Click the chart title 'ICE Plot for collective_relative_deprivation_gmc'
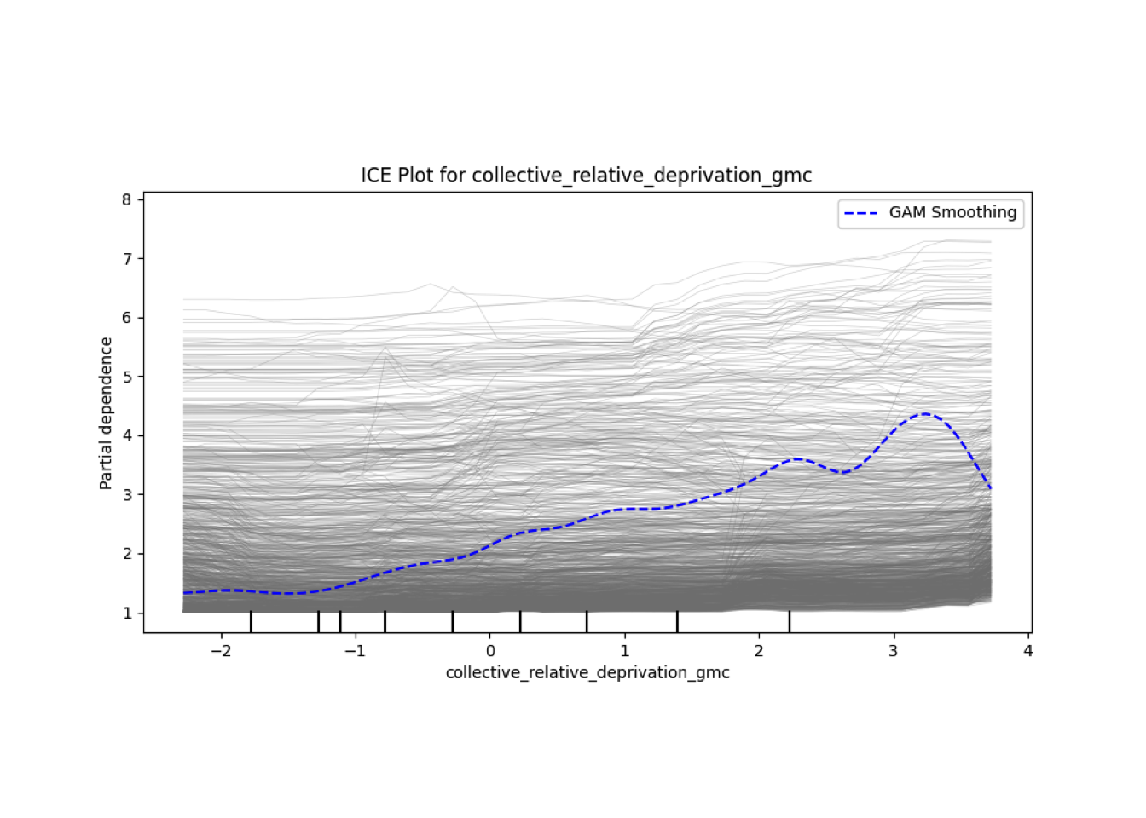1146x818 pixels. coord(586,176)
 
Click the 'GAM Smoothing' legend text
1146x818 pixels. coord(952,212)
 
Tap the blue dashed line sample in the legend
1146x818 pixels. coord(860,213)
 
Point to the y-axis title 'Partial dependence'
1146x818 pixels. coord(106,413)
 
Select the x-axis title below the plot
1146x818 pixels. coord(587,672)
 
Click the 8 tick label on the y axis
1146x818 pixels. coord(127,199)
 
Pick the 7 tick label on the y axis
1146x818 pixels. coord(127,258)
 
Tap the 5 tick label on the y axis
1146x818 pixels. coord(127,377)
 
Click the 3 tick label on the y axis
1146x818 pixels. coord(127,494)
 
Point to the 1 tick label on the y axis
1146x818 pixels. coord(127,613)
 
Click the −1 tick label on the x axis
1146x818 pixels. coord(356,651)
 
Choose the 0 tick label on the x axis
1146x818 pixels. coord(490,651)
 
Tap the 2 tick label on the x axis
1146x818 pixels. coord(759,651)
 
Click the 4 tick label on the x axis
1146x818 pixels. coord(1028,651)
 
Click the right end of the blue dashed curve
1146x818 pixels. coord(991,489)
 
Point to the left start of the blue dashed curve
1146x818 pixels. coord(184,592)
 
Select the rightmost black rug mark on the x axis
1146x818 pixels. coord(790,621)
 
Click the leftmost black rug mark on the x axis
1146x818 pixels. coord(251,621)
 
